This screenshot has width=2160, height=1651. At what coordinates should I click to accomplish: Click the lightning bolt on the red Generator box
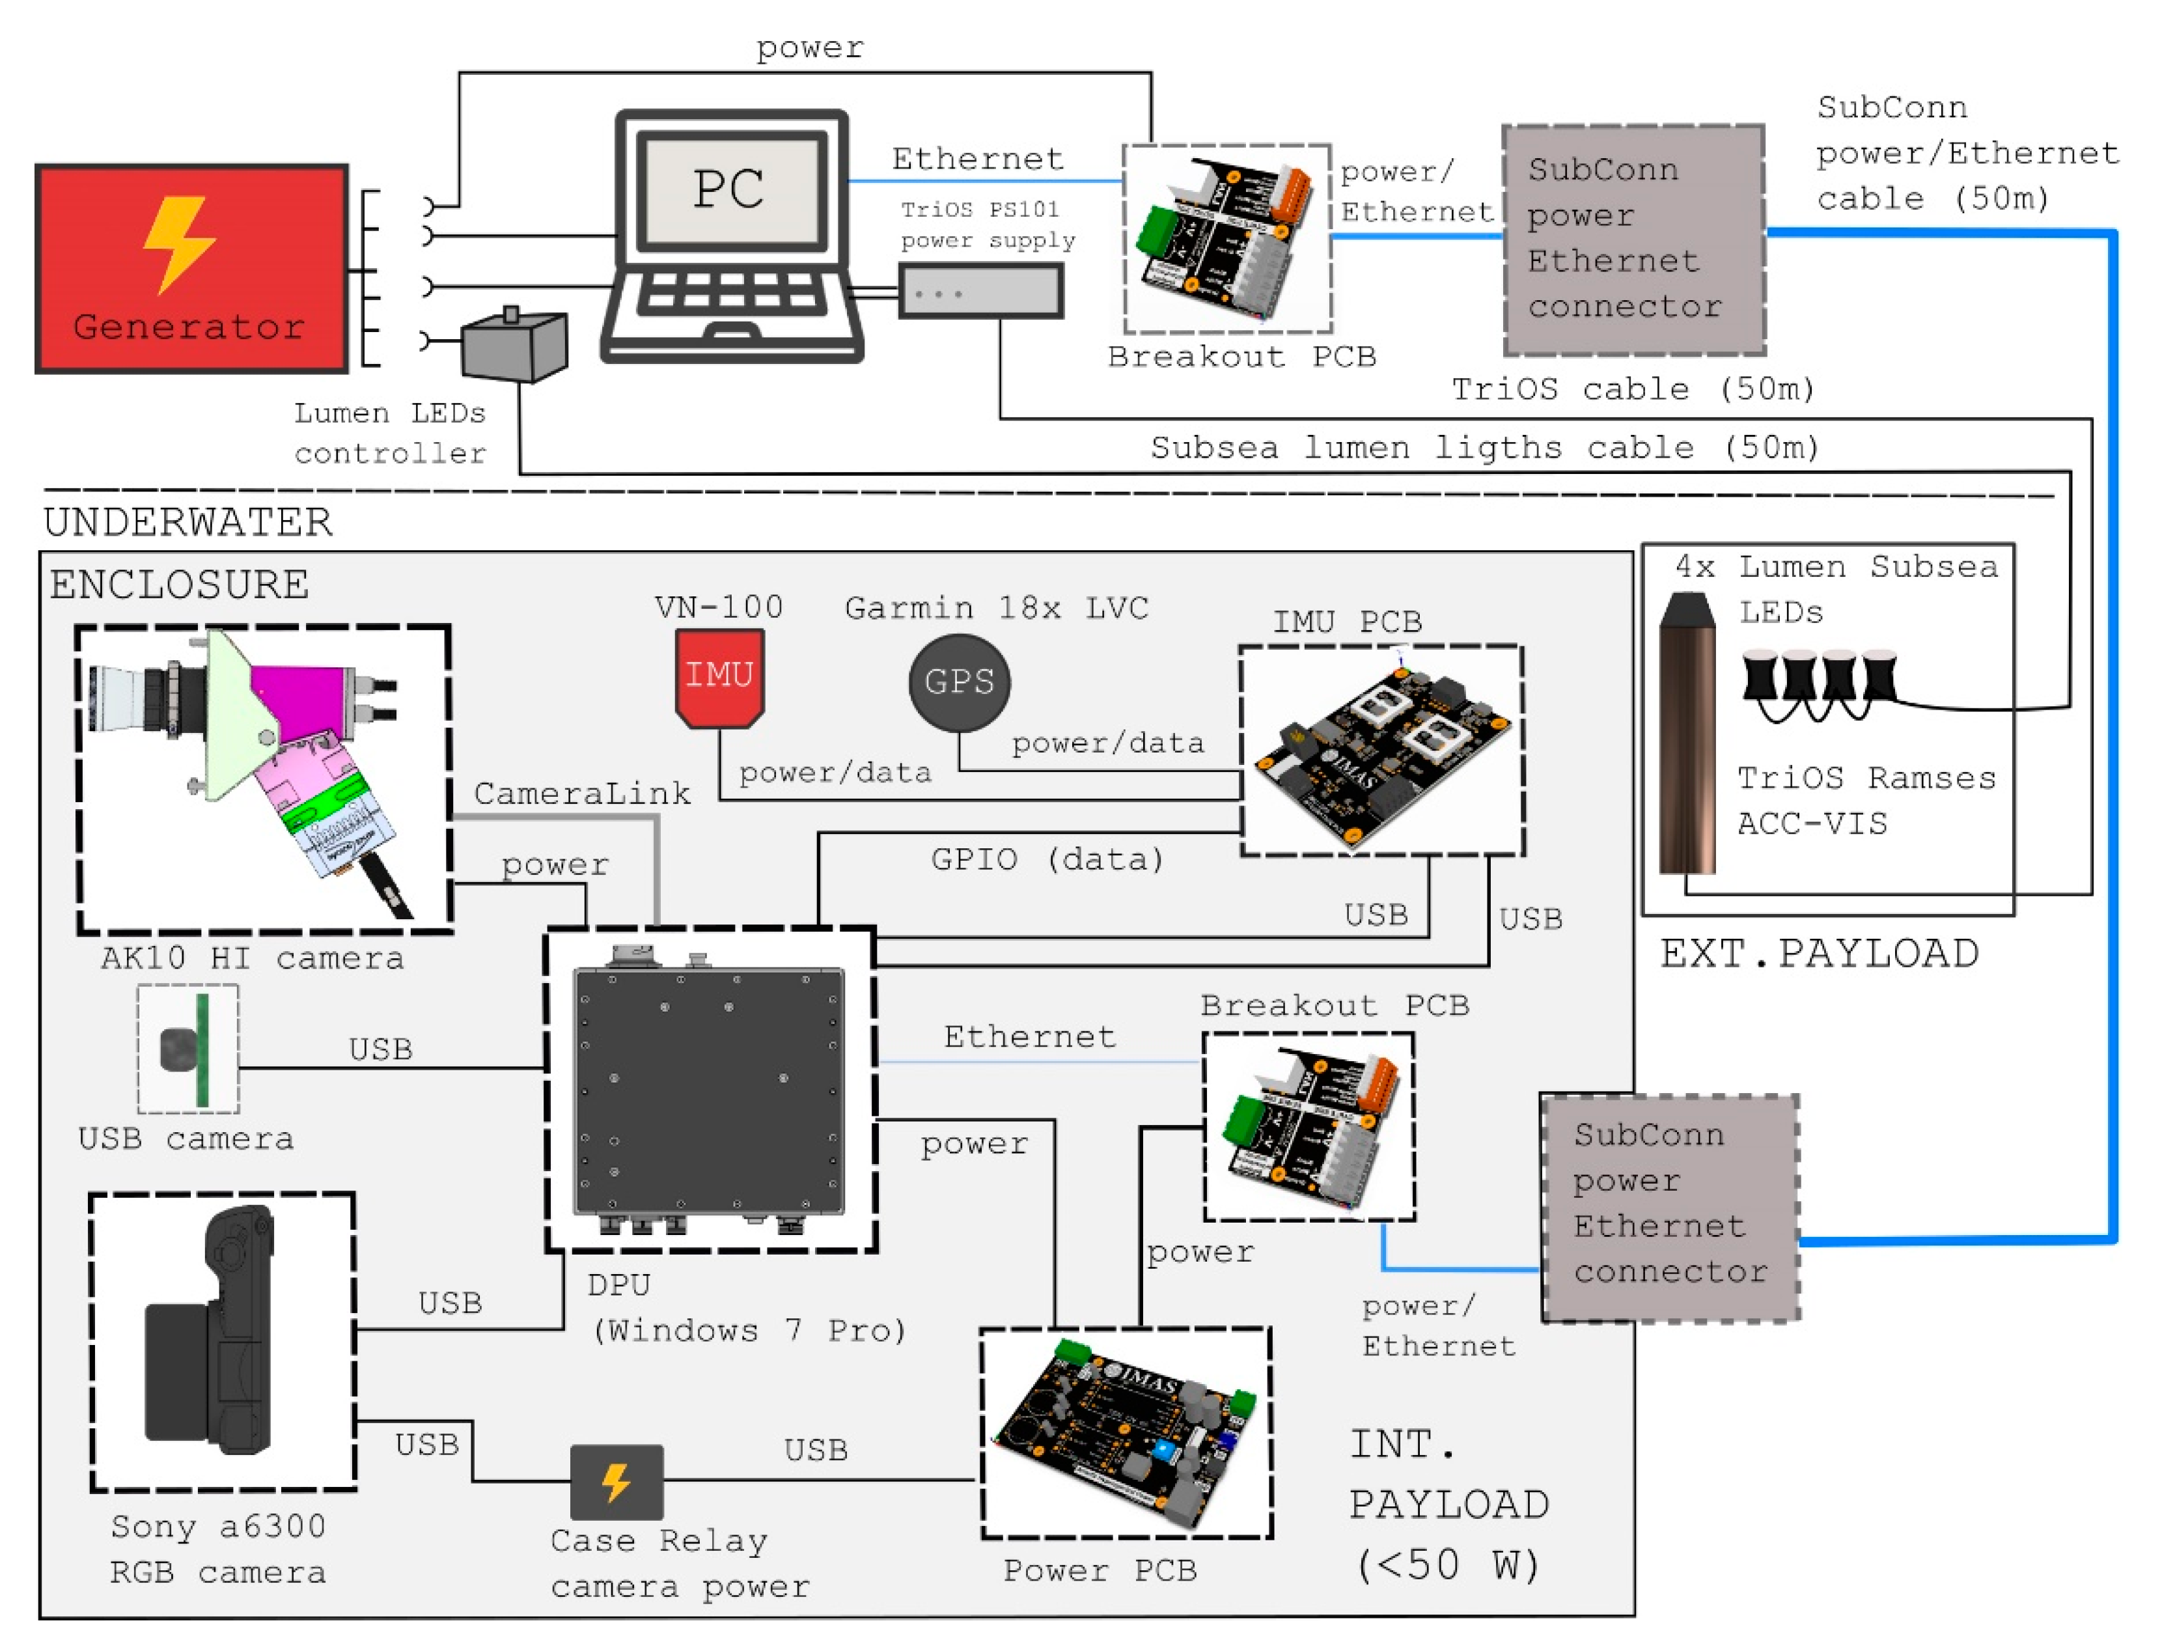179,243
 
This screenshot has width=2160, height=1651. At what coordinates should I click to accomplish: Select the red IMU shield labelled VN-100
719,677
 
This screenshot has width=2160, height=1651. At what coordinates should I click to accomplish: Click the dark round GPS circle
959,681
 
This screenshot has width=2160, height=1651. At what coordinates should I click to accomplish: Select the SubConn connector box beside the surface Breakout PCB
1633,239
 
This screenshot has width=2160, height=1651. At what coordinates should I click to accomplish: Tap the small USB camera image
187,1049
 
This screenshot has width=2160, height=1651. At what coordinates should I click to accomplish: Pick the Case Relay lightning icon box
616,1481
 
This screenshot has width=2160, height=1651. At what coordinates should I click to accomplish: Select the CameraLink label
582,793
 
